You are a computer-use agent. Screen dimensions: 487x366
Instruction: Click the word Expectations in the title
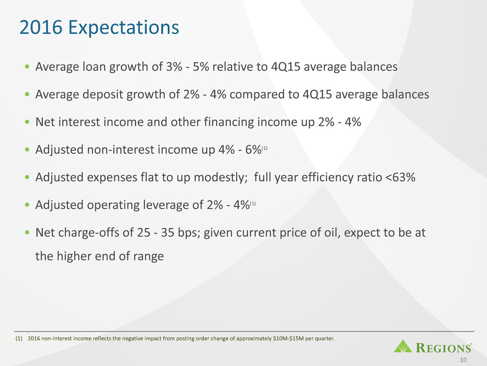click(124, 28)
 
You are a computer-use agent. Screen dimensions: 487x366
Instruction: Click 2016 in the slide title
click(41, 27)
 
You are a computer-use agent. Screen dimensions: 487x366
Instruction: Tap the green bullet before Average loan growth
click(27, 66)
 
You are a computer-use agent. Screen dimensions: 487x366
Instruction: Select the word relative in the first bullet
click(232, 66)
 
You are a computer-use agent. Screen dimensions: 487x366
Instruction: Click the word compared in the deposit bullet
click(259, 94)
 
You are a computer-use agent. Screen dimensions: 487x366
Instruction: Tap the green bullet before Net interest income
click(27, 121)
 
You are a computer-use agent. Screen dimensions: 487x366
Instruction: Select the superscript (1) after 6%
click(265, 148)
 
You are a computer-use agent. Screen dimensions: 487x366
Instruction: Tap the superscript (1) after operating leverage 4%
click(253, 204)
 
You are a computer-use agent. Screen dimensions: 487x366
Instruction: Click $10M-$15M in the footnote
click(288, 338)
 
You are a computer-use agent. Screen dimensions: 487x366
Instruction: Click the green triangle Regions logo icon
click(403, 346)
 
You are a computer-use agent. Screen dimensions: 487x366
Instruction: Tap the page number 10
click(463, 360)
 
